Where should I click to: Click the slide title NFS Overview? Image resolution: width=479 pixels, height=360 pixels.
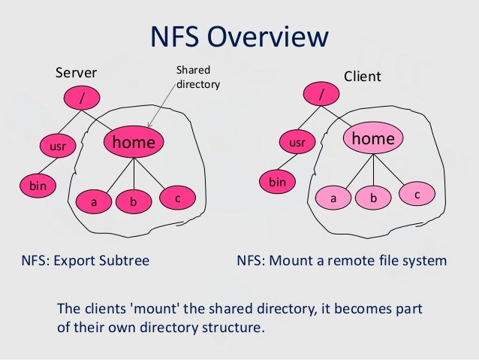pyautogui.click(x=239, y=37)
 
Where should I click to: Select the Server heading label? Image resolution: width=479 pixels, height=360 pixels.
pyautogui.click(x=77, y=74)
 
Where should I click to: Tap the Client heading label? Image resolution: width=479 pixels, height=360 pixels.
pyautogui.click(x=362, y=77)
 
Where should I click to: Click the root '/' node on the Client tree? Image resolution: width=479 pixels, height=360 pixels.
pyautogui.click(x=322, y=95)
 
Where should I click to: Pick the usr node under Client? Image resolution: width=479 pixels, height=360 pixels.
pyautogui.click(x=297, y=141)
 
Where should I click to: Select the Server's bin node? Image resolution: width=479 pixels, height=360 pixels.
pyautogui.click(x=34, y=184)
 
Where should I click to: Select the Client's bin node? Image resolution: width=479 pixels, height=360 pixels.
pyautogui.click(x=278, y=182)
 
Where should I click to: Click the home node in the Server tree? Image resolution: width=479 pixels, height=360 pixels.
pyautogui.click(x=134, y=142)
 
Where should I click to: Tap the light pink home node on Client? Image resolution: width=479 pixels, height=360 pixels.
pyautogui.click(x=373, y=139)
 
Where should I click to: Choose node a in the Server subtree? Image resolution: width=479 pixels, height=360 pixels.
pyautogui.click(x=94, y=202)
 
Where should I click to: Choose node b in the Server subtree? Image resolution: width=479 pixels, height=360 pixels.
pyautogui.click(x=133, y=201)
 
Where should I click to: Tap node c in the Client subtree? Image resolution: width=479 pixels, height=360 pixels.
pyautogui.click(x=417, y=195)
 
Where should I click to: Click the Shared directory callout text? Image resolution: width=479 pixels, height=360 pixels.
pyautogui.click(x=197, y=77)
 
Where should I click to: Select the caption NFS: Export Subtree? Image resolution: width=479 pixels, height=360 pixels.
pyautogui.click(x=85, y=261)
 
